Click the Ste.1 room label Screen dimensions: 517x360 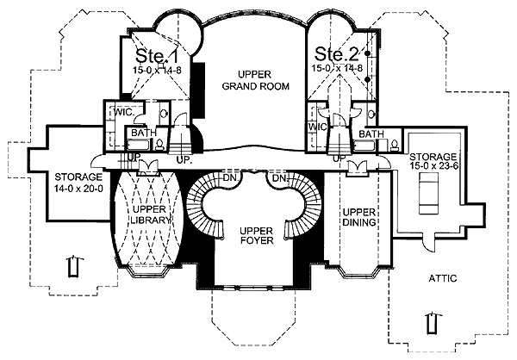(157, 55)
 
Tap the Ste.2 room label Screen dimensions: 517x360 (336, 53)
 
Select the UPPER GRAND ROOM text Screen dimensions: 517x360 (256, 80)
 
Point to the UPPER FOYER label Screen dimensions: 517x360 (257, 235)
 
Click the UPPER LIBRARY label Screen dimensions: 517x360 (150, 214)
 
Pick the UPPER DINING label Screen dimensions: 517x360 (359, 217)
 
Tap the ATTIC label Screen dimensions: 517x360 (443, 278)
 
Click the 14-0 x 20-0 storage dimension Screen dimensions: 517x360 (78, 189)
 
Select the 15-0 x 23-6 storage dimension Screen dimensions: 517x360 (433, 165)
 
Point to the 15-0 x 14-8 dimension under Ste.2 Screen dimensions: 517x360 (337, 68)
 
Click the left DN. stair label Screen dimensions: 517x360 (231, 178)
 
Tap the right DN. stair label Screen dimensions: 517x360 (280, 178)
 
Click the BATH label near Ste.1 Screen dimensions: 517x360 (144, 133)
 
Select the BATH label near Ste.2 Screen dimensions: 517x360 (371, 133)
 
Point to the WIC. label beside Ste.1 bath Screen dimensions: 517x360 (124, 112)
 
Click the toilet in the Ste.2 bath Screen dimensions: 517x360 (394, 145)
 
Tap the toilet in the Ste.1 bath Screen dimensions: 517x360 (159, 145)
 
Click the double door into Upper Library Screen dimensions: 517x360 (148, 166)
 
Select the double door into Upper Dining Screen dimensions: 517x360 (358, 167)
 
